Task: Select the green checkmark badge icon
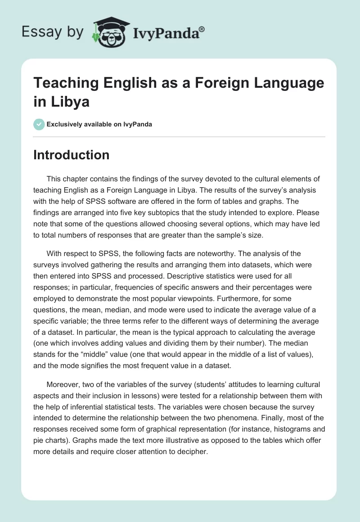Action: [39, 124]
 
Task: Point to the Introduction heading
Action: [72, 155]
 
